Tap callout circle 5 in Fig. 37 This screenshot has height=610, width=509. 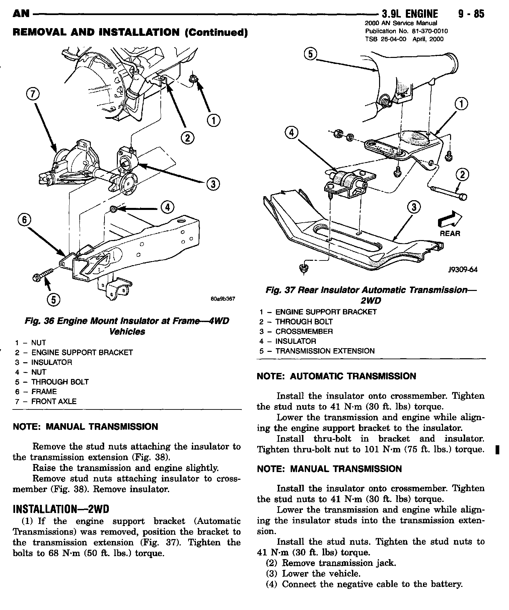pyautogui.click(x=311, y=54)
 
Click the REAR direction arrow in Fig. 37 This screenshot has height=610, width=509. pyautogui.click(x=449, y=220)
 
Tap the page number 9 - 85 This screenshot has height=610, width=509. pyautogui.click(x=469, y=14)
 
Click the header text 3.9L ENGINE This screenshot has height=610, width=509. pyautogui.click(x=410, y=14)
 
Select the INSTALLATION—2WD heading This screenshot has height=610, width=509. pyautogui.click(x=61, y=509)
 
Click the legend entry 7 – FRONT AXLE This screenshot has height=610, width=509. pyautogui.click(x=46, y=401)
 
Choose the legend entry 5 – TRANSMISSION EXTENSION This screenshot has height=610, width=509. pyautogui.click(x=317, y=351)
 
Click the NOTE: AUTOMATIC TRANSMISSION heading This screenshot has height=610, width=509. pyautogui.click(x=336, y=376)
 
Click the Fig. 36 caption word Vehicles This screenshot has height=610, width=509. pyautogui.click(x=127, y=331)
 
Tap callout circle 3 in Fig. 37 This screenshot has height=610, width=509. pyautogui.click(x=414, y=208)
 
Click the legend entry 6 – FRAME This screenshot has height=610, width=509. pyautogui.click(x=36, y=391)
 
